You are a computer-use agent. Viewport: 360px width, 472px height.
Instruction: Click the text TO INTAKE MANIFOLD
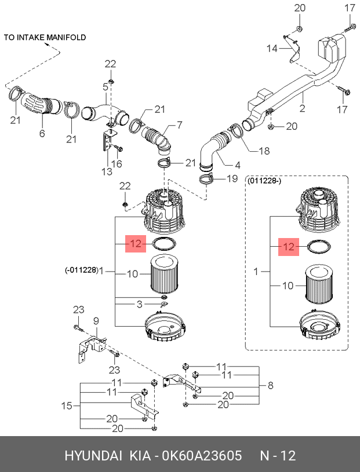45,37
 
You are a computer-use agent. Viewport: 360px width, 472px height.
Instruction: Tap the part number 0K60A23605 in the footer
202,456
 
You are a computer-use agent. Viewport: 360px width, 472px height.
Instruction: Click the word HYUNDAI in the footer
93,456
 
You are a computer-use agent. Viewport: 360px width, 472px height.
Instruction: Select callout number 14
272,48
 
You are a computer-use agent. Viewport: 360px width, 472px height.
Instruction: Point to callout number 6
42,133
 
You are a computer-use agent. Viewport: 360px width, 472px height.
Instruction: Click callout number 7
179,125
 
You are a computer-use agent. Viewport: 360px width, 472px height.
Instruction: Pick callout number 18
264,151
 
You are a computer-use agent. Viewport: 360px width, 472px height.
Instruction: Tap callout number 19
232,178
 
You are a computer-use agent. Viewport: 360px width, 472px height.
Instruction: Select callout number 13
107,171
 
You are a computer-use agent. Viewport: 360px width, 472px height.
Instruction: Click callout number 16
117,163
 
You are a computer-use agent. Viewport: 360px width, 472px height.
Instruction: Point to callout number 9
96,321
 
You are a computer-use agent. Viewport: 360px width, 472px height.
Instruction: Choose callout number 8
270,385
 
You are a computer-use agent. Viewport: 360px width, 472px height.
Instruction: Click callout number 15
67,406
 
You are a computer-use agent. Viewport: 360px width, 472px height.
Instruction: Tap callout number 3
139,304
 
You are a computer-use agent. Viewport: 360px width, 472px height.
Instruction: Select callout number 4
237,165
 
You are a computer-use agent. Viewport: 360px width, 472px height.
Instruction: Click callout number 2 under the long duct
303,108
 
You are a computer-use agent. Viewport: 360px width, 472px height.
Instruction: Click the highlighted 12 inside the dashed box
289,247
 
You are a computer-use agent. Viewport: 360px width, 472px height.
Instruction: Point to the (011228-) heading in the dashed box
264,181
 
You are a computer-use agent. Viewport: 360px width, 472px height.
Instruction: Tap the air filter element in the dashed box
319,284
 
